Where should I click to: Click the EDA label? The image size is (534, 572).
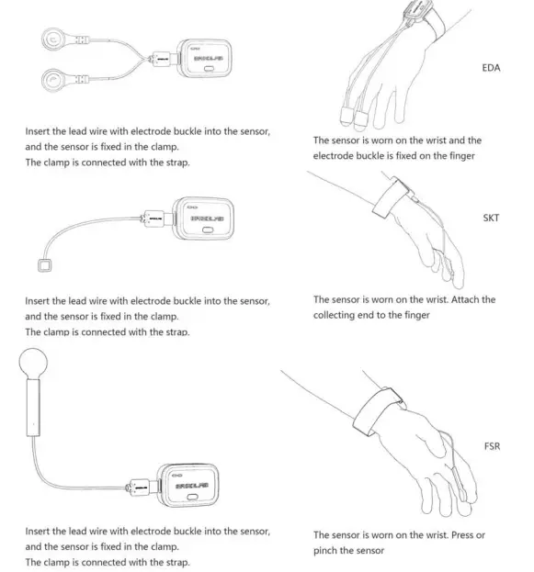click(491, 68)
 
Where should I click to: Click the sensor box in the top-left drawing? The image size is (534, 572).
click(208, 60)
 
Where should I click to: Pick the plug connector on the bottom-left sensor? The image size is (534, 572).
click(146, 483)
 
